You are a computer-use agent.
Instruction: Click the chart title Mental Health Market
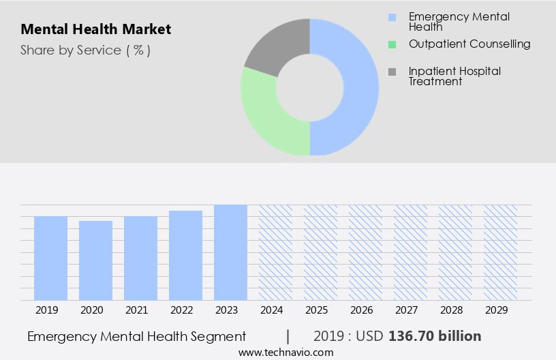[95, 29]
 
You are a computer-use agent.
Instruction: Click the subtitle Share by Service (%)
[85, 50]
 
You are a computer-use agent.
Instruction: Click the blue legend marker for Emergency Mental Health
[391, 17]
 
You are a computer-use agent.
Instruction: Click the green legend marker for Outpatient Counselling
[391, 44]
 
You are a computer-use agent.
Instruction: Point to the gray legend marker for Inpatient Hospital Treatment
[391, 72]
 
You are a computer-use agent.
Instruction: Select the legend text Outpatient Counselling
[469, 44]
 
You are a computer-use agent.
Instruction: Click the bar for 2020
[95, 260]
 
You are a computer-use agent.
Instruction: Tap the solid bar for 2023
[230, 252]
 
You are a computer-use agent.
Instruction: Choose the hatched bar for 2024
[275, 252]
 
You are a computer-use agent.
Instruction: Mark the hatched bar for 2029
[500, 252]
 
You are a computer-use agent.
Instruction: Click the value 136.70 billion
[435, 336]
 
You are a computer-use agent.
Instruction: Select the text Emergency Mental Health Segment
[136, 336]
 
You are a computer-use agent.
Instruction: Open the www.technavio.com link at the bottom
[286, 352]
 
